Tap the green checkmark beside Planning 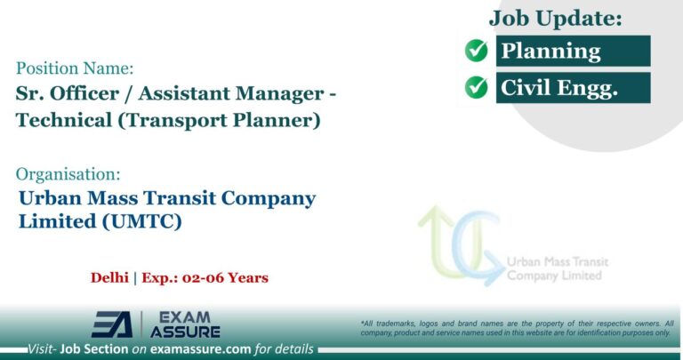(477, 52)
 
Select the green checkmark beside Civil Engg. (477, 87)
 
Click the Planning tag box (573, 52)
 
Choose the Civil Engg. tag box (573, 87)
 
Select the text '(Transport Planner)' (236, 120)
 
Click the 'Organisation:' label (69, 173)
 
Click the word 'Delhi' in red (110, 277)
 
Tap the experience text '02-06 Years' (221, 277)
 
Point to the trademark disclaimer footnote (517, 327)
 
